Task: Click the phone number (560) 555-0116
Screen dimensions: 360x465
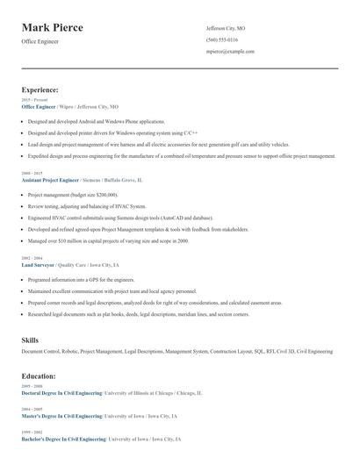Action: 221,40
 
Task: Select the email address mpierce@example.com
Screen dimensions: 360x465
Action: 230,52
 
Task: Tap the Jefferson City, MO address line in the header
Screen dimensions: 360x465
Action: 226,29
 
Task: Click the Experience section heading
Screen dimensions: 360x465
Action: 40,89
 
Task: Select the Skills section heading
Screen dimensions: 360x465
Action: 30,339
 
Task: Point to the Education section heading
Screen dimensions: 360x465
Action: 39,376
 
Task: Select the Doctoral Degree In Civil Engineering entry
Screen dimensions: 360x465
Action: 61,393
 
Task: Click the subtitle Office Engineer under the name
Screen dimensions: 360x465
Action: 40,41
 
